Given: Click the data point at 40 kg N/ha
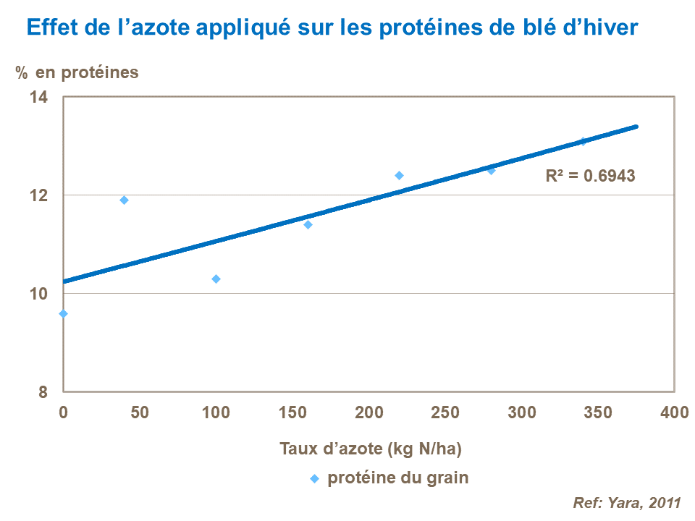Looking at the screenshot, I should (x=124, y=200).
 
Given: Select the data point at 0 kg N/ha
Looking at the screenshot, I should (x=64, y=313).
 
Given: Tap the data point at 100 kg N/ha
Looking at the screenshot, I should (x=216, y=279).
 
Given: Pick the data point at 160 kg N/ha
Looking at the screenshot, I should (x=308, y=224).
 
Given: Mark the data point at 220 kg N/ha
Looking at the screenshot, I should (x=399, y=175).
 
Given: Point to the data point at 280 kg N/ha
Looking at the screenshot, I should (x=491, y=170).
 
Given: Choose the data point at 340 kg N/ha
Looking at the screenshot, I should (x=583, y=141).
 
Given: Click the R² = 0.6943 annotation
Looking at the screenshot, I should (x=590, y=175).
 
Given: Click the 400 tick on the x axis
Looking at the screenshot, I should (x=674, y=412).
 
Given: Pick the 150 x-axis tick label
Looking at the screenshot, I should (x=292, y=412).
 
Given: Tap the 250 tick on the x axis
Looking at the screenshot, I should (x=445, y=412).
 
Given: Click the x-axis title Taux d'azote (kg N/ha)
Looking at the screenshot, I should (x=371, y=448).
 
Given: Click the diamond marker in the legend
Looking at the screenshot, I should (x=314, y=478).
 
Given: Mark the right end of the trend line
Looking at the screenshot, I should (x=636, y=127).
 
